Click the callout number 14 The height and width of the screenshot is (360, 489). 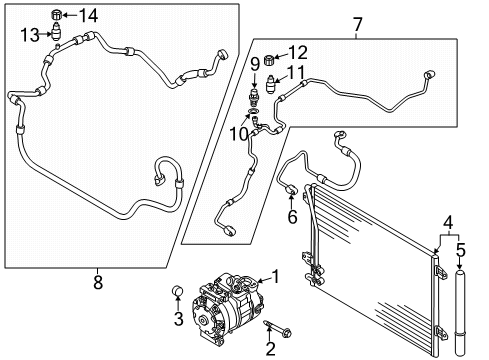click(x=88, y=15)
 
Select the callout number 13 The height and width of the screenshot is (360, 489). click(x=30, y=35)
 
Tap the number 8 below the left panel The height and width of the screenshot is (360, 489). click(x=98, y=282)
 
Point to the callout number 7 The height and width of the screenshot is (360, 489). click(x=357, y=24)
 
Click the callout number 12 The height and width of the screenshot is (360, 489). click(x=298, y=53)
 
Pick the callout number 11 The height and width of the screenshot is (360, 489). click(x=296, y=72)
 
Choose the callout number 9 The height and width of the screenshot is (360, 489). click(x=255, y=64)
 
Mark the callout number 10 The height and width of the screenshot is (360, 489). click(x=239, y=134)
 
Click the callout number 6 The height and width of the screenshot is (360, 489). click(x=292, y=217)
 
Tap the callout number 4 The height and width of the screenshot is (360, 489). click(x=448, y=223)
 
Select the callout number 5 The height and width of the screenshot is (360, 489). click(x=461, y=250)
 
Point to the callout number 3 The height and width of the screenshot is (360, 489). click(x=179, y=319)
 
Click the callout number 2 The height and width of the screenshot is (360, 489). click(x=270, y=349)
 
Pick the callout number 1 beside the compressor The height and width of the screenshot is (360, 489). click(x=275, y=277)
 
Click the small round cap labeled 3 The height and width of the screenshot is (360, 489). click(x=178, y=291)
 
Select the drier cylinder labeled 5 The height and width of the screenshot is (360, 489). click(x=460, y=313)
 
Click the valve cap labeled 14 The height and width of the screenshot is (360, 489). click(x=56, y=15)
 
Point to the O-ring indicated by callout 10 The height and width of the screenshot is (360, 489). click(x=254, y=110)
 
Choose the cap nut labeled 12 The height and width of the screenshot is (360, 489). click(x=269, y=60)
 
